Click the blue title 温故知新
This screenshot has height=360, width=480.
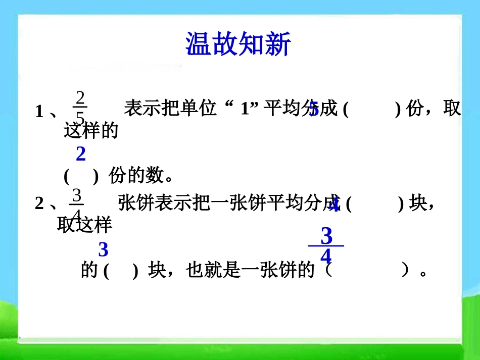[x=238, y=44]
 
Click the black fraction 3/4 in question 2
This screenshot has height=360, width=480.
[x=76, y=204]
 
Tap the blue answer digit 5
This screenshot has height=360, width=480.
[x=314, y=109]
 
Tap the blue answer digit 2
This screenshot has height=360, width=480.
[x=81, y=153]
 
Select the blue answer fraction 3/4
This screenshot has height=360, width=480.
[x=326, y=246]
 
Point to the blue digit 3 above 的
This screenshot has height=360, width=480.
[x=103, y=250]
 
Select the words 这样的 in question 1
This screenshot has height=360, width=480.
[x=91, y=132]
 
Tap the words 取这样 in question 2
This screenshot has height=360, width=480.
[x=84, y=225]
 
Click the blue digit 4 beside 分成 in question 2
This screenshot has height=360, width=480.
[x=334, y=204]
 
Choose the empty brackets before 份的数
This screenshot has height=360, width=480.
[x=81, y=176]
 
